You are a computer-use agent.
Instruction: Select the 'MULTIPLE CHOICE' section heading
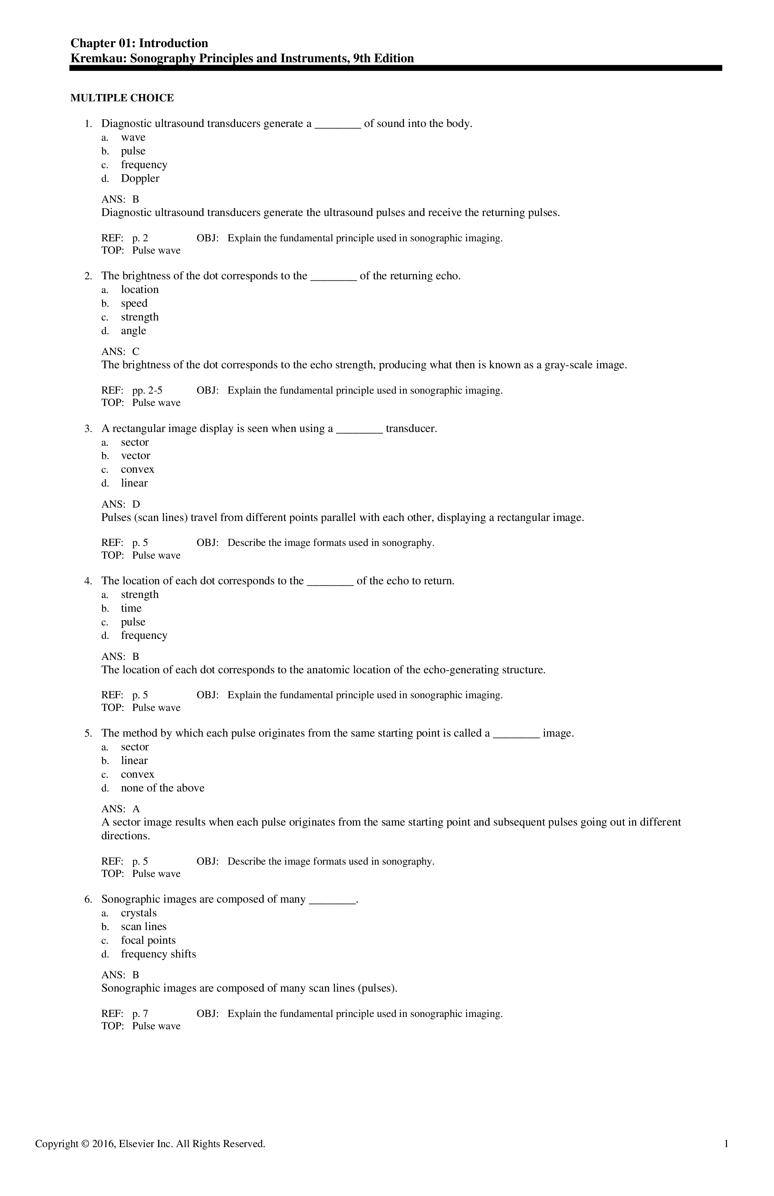[x=122, y=98]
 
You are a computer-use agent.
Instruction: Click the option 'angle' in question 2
[x=133, y=331]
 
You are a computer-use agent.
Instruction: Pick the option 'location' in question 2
[x=139, y=290]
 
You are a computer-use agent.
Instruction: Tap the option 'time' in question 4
[x=131, y=608]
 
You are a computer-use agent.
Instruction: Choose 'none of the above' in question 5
[x=162, y=788]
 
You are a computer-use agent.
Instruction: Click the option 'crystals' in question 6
[x=139, y=913]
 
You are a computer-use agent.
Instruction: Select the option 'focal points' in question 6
[x=148, y=940]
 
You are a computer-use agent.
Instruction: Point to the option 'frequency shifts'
[x=158, y=954]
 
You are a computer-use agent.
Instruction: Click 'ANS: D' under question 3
[x=121, y=504]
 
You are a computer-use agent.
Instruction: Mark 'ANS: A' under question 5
[x=121, y=809]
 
